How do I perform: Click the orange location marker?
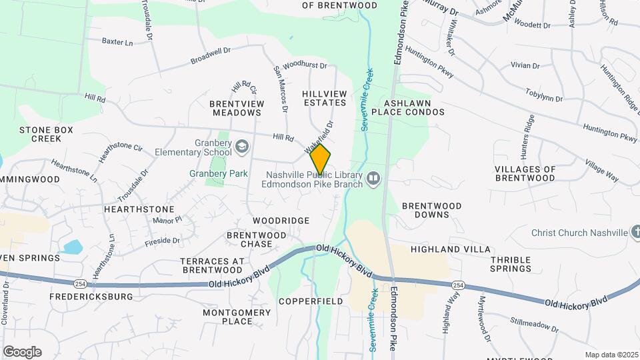point(320,160)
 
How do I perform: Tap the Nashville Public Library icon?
point(373,178)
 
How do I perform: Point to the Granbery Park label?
point(219,173)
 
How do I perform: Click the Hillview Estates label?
point(325,98)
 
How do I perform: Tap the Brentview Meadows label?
point(237,108)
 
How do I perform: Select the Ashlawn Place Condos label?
point(415,107)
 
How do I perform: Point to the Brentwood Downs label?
point(432,211)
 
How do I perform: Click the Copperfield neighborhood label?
point(311,301)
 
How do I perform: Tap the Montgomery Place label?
point(228,317)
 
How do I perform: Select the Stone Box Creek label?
point(45,134)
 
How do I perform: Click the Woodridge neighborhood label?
point(281,220)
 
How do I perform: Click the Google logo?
point(22,351)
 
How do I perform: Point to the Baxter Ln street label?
point(117,41)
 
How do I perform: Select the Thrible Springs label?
point(511,264)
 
